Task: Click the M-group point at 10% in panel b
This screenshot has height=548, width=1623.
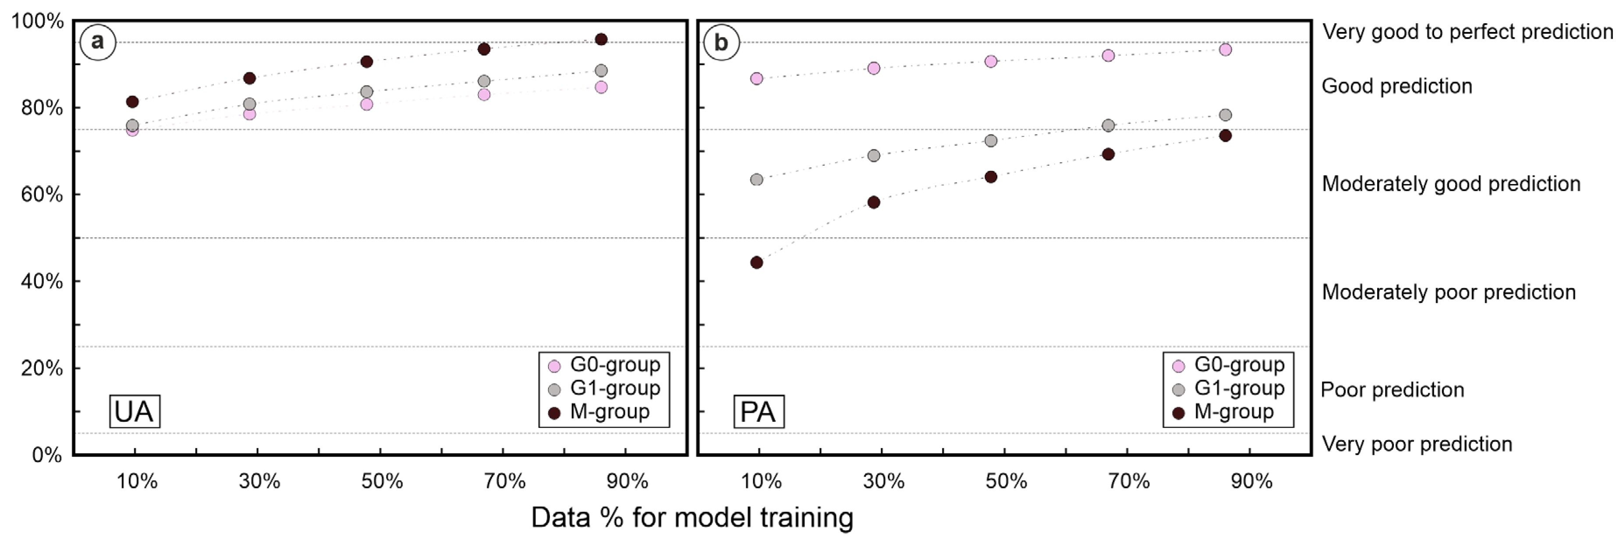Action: [x=757, y=262]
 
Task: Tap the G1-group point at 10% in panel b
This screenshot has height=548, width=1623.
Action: [x=757, y=180]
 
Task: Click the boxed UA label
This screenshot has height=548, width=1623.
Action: [x=134, y=412]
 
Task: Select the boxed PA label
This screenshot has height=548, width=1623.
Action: [x=758, y=412]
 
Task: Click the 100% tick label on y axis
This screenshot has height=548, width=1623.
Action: [x=38, y=21]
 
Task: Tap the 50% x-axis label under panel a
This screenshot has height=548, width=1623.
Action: [x=382, y=482]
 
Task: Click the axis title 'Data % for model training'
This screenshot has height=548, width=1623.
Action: [x=692, y=518]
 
